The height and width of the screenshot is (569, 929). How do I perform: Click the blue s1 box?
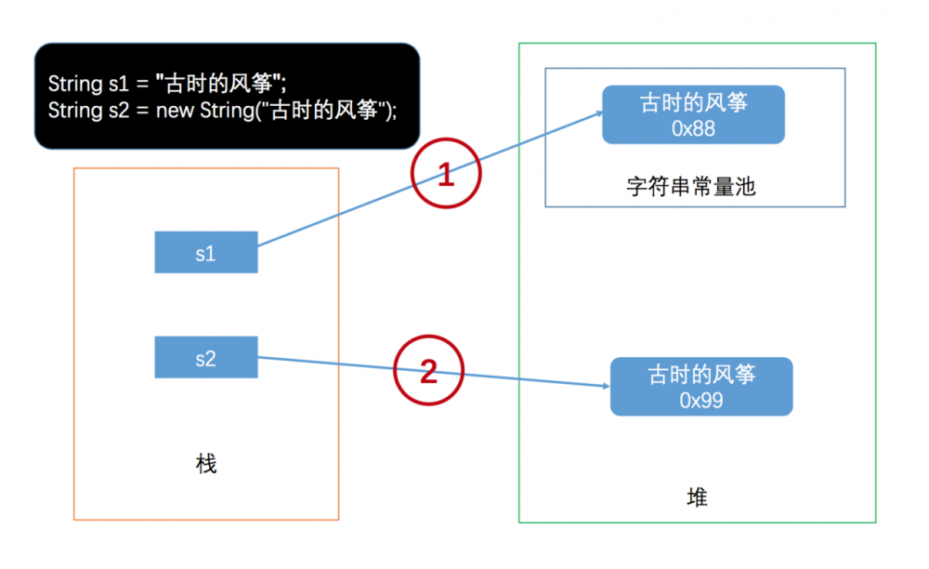(x=205, y=253)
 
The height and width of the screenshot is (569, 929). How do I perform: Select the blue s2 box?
(x=205, y=358)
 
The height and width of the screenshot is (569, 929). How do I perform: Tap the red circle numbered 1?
(x=445, y=175)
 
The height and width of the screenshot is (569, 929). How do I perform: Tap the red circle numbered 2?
(x=428, y=373)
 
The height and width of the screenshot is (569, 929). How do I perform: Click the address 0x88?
(x=693, y=128)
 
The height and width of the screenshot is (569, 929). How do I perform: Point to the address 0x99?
(x=701, y=401)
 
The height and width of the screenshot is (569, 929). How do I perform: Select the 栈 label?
(x=206, y=464)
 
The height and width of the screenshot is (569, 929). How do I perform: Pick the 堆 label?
(x=697, y=498)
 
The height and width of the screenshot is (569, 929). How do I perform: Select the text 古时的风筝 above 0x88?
(x=693, y=102)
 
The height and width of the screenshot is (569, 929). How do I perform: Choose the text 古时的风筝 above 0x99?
(x=701, y=375)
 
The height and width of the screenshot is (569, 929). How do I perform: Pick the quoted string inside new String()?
(x=323, y=110)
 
